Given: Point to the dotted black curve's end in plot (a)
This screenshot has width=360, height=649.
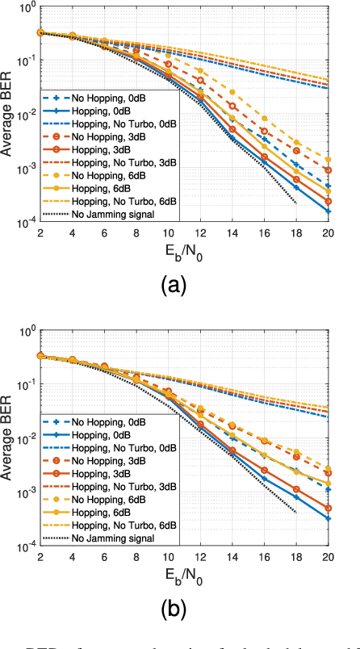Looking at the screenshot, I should [297, 203].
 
